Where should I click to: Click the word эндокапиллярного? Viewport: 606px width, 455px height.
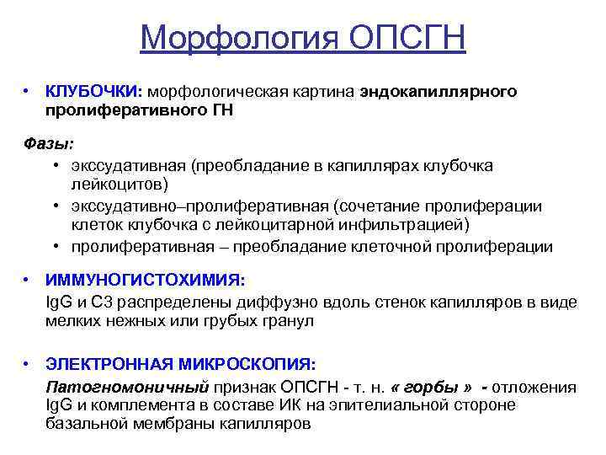pyautogui.click(x=439, y=91)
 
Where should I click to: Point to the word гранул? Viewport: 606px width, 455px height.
pyautogui.click(x=290, y=321)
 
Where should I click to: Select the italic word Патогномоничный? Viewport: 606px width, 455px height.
pyautogui.click(x=125, y=387)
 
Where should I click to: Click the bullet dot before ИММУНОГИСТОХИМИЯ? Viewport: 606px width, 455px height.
pyautogui.click(x=28, y=281)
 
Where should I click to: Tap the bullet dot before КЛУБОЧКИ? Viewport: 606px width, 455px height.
pyautogui.click(x=28, y=91)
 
